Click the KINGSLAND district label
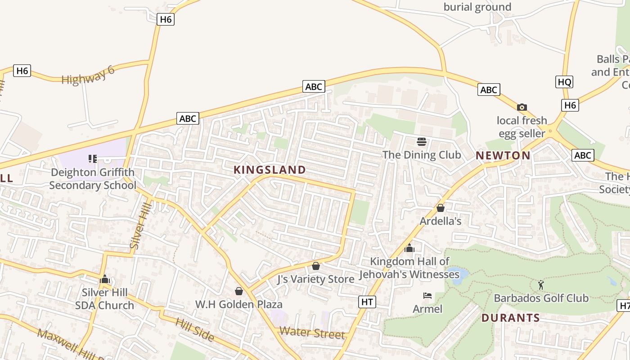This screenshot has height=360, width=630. pos(270,170)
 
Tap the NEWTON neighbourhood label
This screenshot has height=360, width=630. pos(503,156)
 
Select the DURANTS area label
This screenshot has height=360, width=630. pos(510,318)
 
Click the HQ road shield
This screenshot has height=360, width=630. pos(564,82)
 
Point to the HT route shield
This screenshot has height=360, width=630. pos(367,302)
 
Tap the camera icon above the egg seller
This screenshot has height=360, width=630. pos(522,107)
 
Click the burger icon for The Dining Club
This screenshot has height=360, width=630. pos(422,142)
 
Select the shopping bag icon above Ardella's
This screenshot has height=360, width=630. pos(441,208)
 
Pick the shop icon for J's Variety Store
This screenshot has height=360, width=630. pos(316,266)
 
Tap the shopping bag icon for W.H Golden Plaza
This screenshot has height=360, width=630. pos(239,291)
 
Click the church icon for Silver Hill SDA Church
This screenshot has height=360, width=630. pos(105,279)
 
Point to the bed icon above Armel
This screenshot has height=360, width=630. pos(427,296)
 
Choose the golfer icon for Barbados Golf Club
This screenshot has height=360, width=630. pos(541,285)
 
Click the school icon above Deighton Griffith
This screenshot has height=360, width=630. pos(93,158)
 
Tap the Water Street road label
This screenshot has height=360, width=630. pos(312,333)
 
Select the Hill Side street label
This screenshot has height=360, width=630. pos(195,329)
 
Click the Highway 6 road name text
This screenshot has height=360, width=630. pos(88,75)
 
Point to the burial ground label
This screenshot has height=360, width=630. pos(477,7)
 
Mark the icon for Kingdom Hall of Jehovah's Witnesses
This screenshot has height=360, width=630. pos(409,248)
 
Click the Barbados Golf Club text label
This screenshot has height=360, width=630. pos(541,298)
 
